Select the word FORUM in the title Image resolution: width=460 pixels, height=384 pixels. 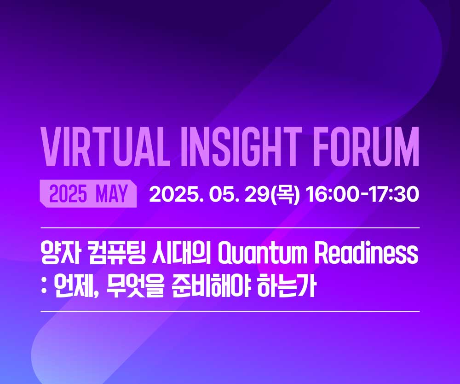click(x=367, y=147)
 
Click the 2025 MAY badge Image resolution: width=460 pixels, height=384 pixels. click(x=88, y=193)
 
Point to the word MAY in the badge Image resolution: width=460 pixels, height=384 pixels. click(x=112, y=194)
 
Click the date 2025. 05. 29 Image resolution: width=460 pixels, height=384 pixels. click(x=209, y=194)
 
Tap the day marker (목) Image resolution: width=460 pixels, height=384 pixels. click(x=285, y=194)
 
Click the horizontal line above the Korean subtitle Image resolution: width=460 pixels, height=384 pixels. click(x=230, y=227)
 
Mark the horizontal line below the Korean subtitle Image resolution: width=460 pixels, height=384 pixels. click(x=230, y=311)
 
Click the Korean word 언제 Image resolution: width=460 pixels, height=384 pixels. click(x=74, y=285)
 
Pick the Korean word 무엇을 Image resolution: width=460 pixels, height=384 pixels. click(x=135, y=285)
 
